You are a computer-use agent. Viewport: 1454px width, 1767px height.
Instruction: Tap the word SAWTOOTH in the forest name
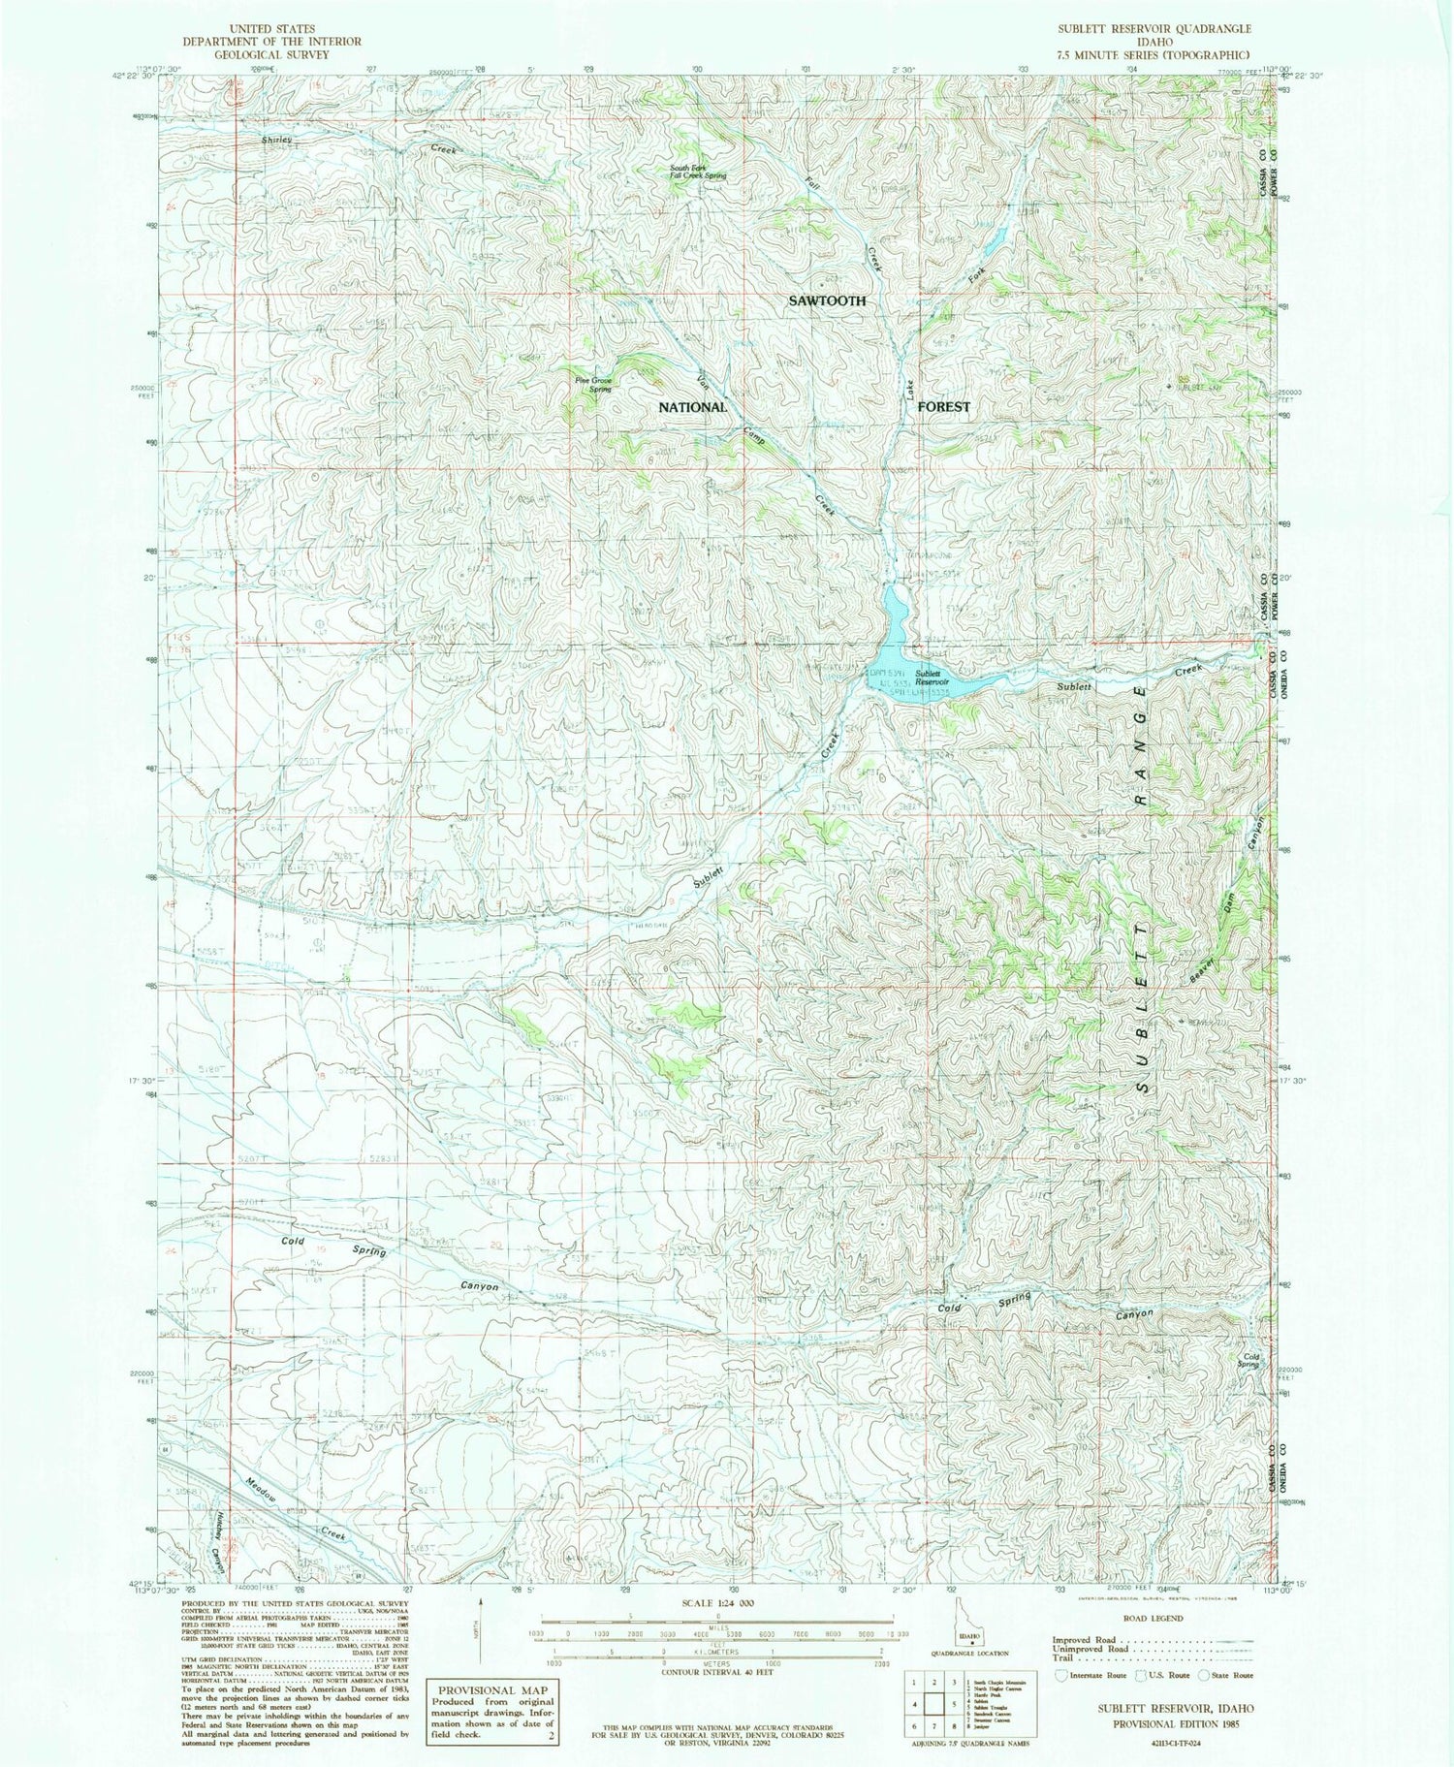tap(826, 301)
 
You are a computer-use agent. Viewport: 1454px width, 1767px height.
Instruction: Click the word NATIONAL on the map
tap(692, 407)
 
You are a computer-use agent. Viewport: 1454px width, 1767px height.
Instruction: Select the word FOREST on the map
tap(942, 407)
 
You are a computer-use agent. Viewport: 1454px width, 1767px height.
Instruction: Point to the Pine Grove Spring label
tap(593, 384)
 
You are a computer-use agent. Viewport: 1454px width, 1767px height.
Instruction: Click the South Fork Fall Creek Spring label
tap(698, 173)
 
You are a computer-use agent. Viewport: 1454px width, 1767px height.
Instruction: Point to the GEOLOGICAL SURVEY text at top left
tap(271, 54)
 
